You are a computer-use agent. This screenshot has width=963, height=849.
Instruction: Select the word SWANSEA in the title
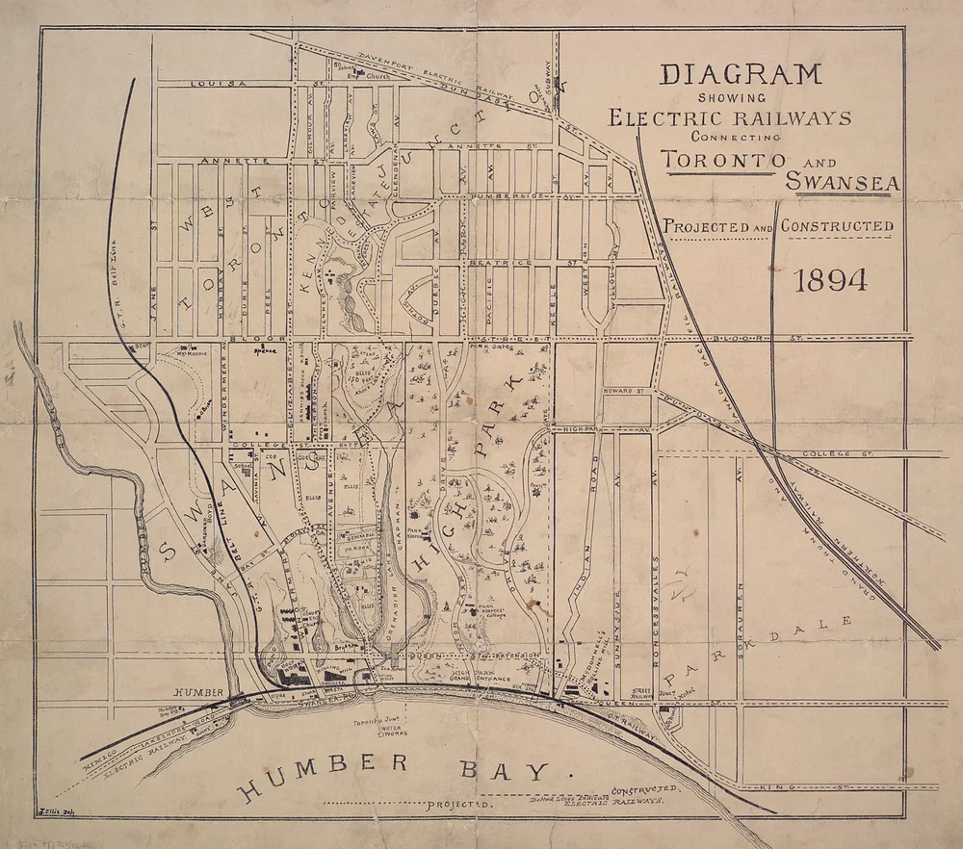pos(841,180)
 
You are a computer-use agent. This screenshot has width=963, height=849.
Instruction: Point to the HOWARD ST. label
pos(628,392)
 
